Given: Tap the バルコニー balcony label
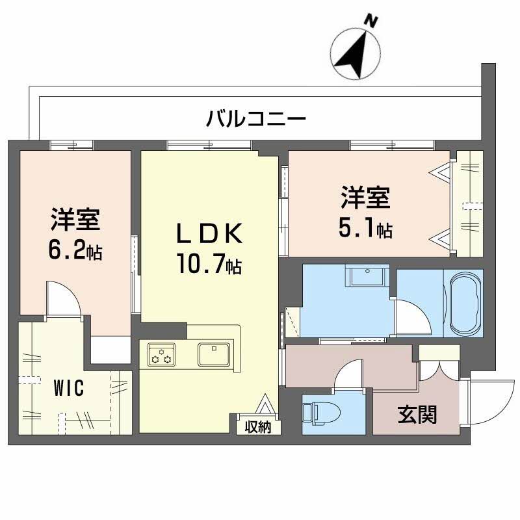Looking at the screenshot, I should click(256, 119).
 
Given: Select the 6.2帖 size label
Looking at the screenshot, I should click(76, 251).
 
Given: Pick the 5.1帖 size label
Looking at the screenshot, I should click(365, 228).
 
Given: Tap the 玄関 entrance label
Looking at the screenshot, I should click(417, 413).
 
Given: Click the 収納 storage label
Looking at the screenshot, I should click(258, 427).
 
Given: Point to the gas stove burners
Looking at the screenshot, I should click(161, 355).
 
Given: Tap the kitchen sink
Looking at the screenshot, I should click(213, 354).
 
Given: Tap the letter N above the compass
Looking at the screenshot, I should click(372, 21).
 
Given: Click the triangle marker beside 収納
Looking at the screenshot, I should click(266, 406).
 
